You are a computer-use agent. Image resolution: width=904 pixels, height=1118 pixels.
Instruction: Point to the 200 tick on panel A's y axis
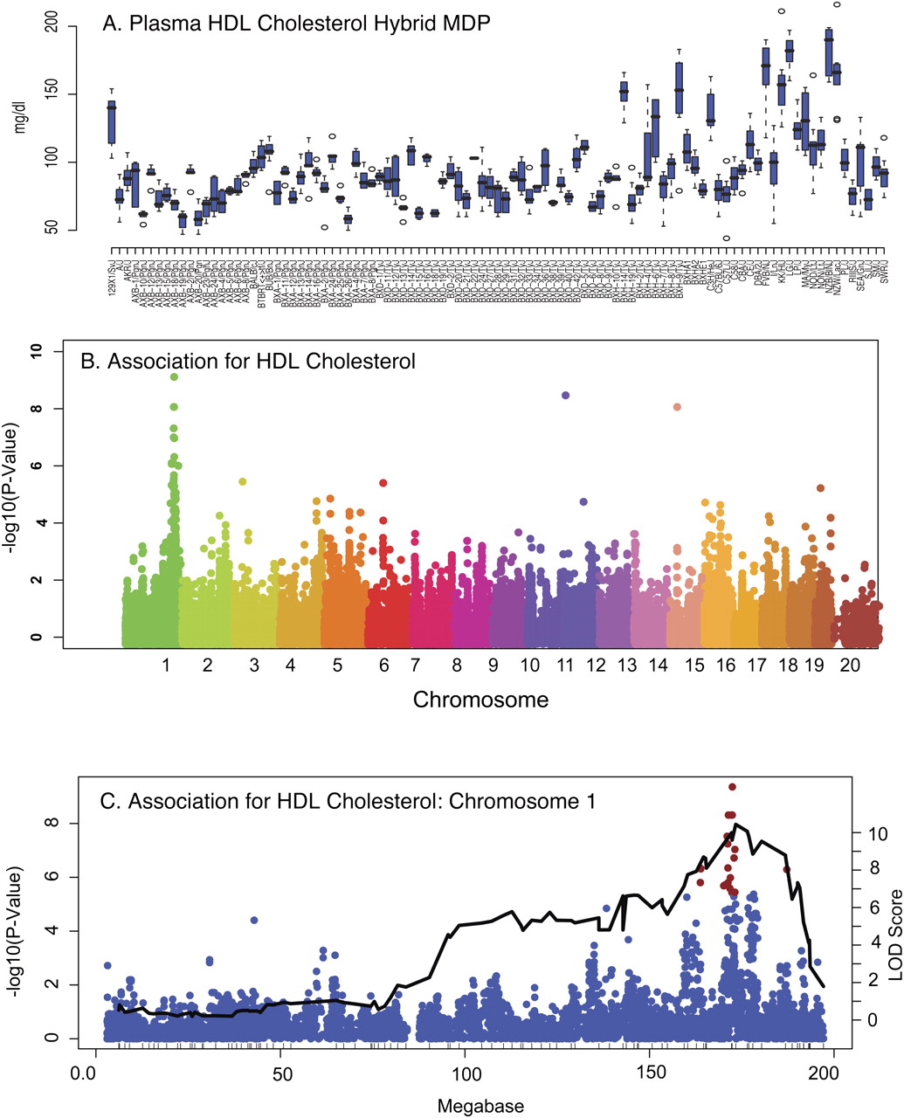[52, 26]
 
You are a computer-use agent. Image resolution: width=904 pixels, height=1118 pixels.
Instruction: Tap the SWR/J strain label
[885, 280]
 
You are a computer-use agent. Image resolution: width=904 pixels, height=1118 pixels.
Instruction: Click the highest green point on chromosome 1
[175, 376]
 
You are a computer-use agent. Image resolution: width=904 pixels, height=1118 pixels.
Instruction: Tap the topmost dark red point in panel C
[733, 787]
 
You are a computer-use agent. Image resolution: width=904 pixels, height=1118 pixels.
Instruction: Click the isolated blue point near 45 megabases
[254, 920]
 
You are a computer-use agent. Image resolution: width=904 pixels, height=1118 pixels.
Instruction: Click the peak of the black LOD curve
[737, 824]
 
